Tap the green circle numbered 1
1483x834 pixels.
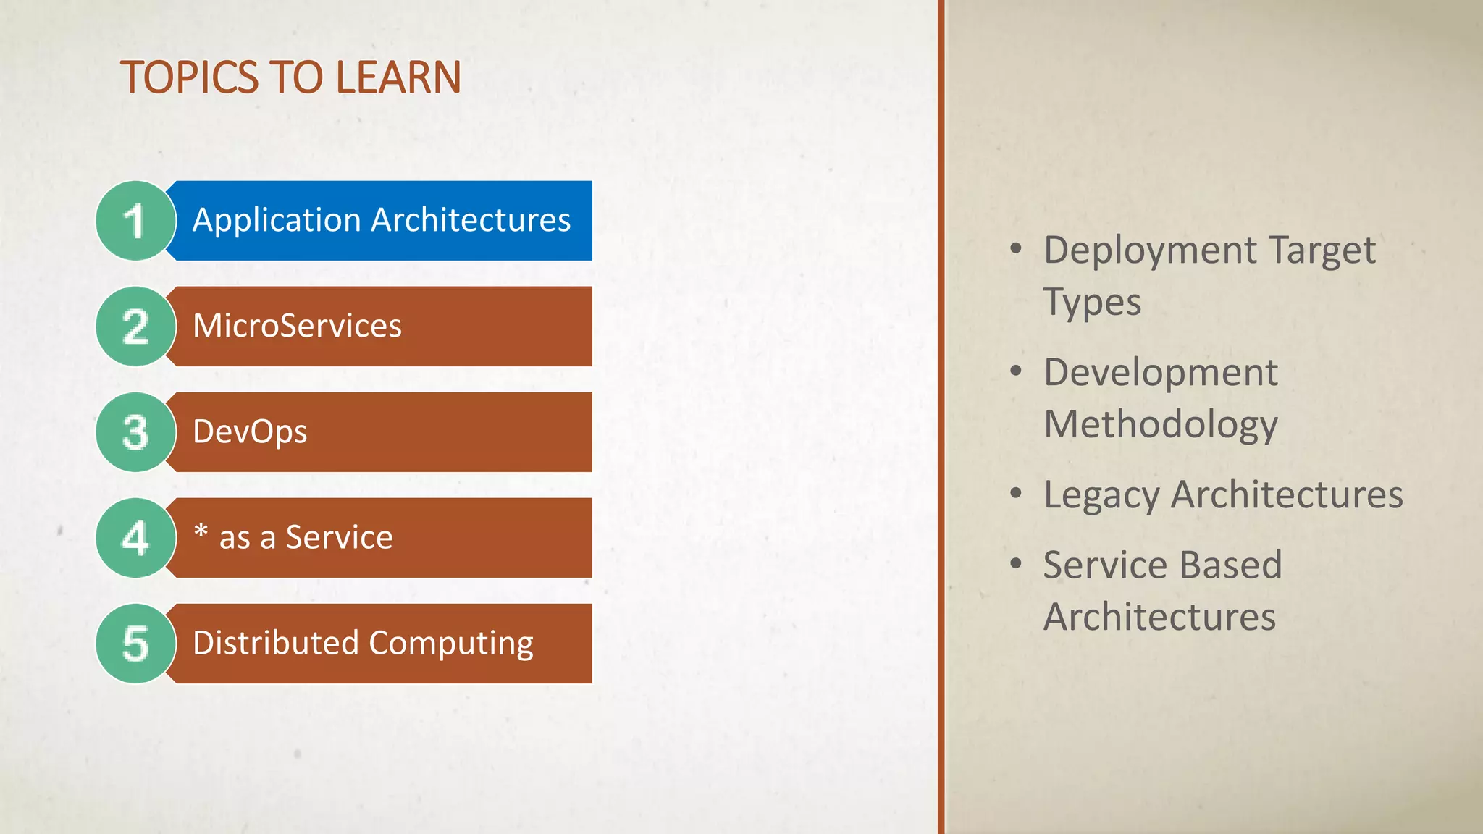click(135, 221)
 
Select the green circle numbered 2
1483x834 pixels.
click(135, 327)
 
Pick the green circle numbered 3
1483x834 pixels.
click(135, 432)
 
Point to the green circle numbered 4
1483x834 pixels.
click(135, 538)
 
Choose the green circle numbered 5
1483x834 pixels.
click(135, 644)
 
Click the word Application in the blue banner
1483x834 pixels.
click(277, 220)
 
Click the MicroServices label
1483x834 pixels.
click(297, 326)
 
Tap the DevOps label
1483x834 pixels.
click(250, 432)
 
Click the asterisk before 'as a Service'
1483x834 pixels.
click(201, 532)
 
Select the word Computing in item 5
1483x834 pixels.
click(451, 644)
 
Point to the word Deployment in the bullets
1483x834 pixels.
click(1150, 251)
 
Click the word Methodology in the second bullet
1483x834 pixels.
click(1161, 425)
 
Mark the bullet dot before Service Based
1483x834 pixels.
click(1016, 563)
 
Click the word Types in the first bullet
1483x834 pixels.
click(1092, 303)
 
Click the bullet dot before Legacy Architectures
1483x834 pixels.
click(1016, 494)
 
